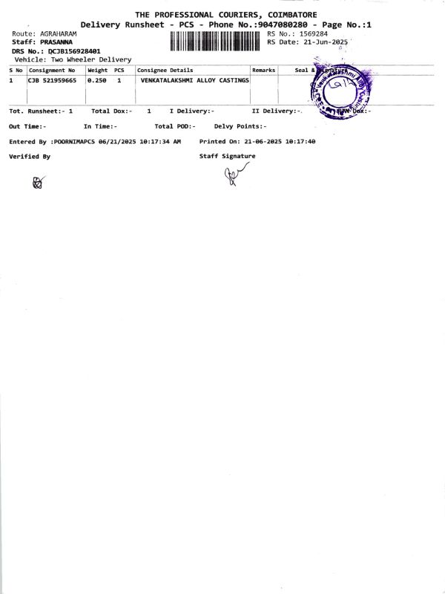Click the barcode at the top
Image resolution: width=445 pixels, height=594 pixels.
pos(216,42)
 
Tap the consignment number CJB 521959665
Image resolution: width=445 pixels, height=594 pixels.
pos(52,80)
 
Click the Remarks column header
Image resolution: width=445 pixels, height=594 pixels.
pos(263,71)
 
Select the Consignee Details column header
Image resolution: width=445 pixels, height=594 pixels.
pos(165,71)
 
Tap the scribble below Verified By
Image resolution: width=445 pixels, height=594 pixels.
pos(39,182)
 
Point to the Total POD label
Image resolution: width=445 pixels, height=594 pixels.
pos(174,126)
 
